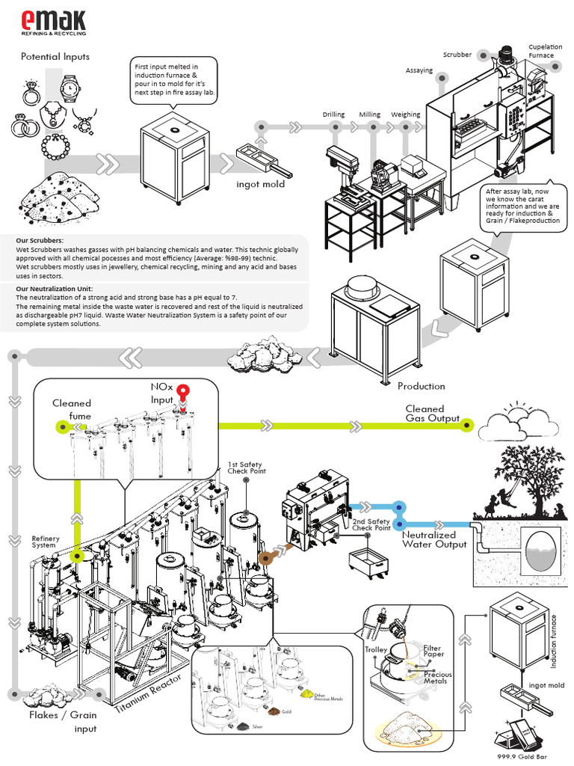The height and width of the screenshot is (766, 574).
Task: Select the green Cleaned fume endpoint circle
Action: click(61, 426)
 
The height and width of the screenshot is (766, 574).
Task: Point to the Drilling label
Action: click(333, 114)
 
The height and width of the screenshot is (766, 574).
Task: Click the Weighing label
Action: click(405, 114)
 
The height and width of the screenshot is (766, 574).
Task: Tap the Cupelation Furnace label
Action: click(541, 51)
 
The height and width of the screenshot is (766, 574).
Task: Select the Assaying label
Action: click(419, 70)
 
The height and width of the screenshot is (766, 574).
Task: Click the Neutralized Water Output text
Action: click(435, 539)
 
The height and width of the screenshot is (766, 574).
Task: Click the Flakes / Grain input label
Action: click(63, 721)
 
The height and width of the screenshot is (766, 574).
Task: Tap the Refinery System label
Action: click(44, 542)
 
